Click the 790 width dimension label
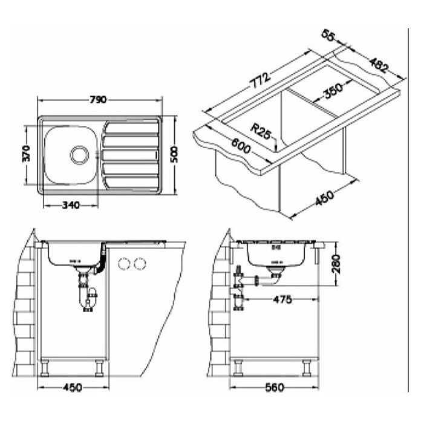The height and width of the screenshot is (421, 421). point(98,100)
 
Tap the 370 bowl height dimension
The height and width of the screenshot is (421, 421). point(27,154)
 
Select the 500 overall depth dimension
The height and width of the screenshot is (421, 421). point(174,154)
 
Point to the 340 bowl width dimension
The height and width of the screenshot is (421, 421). point(71,206)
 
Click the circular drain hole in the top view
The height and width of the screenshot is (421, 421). point(79,155)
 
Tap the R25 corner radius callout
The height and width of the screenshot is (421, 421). point(261,131)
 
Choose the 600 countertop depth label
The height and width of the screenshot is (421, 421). point(241,146)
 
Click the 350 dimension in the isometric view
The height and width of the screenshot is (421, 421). point(333,91)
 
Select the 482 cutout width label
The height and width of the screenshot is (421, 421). point(379,65)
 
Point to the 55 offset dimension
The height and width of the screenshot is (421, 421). point(328,35)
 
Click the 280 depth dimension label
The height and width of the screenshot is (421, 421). point(336,264)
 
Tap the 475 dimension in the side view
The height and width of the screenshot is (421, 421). point(282,299)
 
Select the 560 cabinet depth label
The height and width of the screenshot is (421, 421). point(275,387)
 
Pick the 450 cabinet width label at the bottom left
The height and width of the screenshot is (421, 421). point(73,387)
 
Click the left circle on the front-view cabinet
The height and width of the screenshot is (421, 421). point(123,264)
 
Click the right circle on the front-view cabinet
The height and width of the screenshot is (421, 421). point(140,264)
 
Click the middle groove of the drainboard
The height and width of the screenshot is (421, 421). point(131,155)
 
